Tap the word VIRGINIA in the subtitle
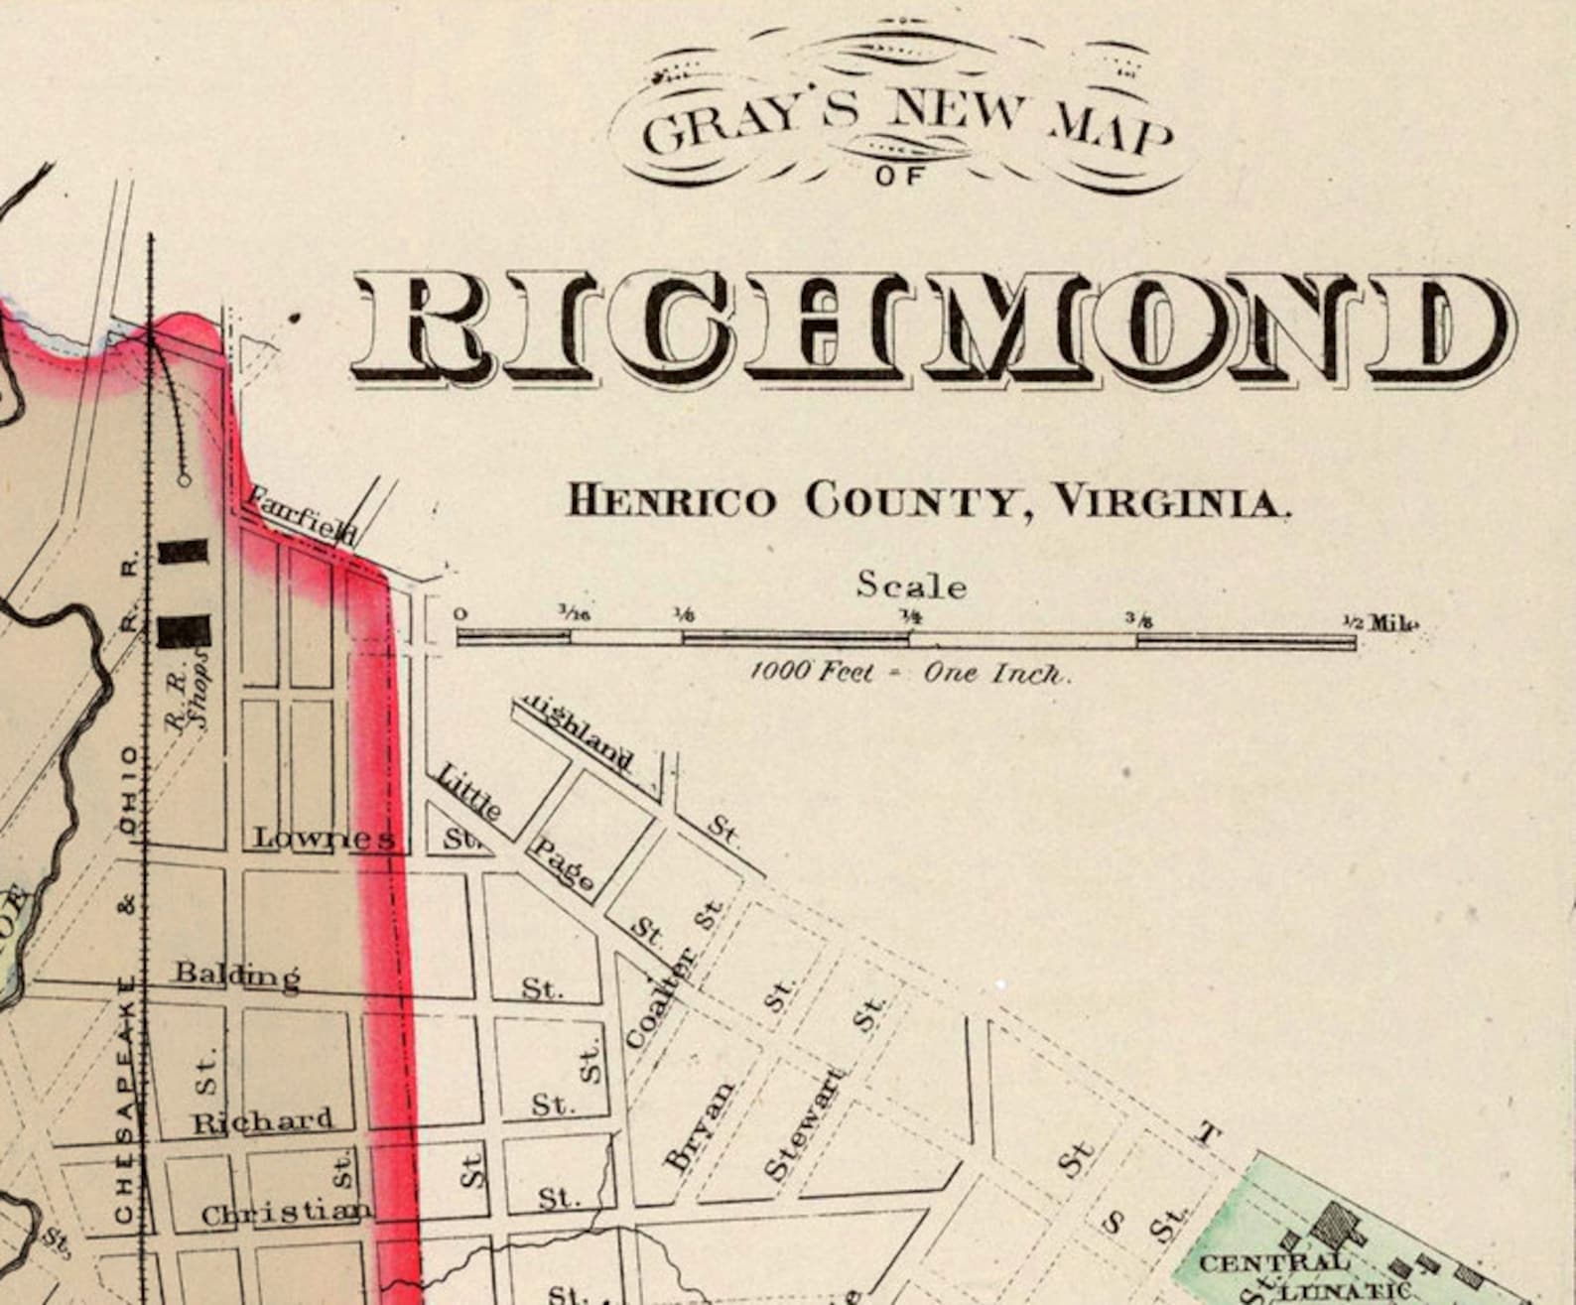[x=1171, y=501]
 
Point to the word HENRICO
[x=671, y=501]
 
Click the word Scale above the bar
[x=911, y=586]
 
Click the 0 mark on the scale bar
[x=460, y=614]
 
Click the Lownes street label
[x=324, y=839]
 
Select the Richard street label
[x=262, y=1120]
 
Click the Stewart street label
[x=805, y=1123]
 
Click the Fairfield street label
[x=302, y=514]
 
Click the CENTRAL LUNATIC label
[x=1290, y=1275]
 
